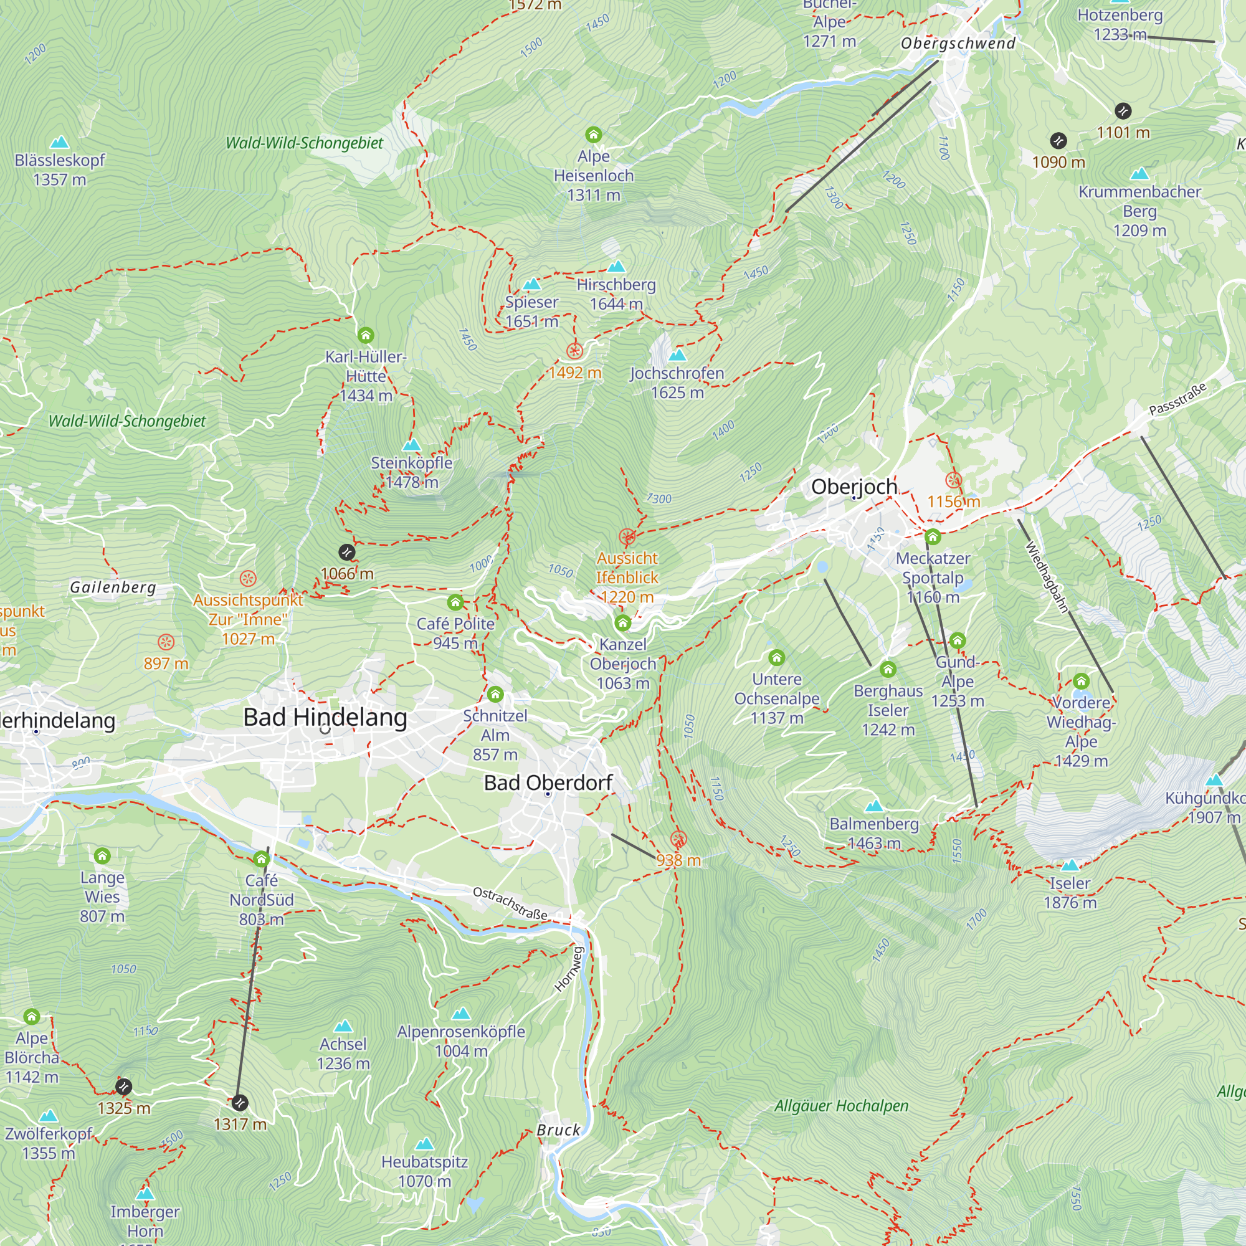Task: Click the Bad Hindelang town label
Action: pos(325,717)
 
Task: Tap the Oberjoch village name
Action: pos(854,487)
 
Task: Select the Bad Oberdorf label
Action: pos(548,782)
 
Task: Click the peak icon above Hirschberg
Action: pos(617,267)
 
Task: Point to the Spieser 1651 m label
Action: pos(531,311)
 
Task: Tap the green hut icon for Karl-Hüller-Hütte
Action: pos(366,335)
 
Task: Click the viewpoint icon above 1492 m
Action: pos(574,351)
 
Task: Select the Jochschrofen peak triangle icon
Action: pos(677,354)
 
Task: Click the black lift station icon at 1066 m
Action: pos(347,552)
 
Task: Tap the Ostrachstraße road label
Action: pos(510,903)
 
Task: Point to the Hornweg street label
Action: pos(569,969)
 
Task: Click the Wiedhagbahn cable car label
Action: pos(1047,578)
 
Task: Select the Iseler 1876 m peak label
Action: pos(1070,893)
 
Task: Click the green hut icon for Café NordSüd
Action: pos(261,859)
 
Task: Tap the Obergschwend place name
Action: pos(958,43)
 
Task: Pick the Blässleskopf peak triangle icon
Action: pos(59,142)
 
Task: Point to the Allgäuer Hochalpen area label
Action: pos(841,1106)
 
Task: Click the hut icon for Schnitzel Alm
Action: pos(495,694)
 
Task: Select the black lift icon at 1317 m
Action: pos(239,1103)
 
